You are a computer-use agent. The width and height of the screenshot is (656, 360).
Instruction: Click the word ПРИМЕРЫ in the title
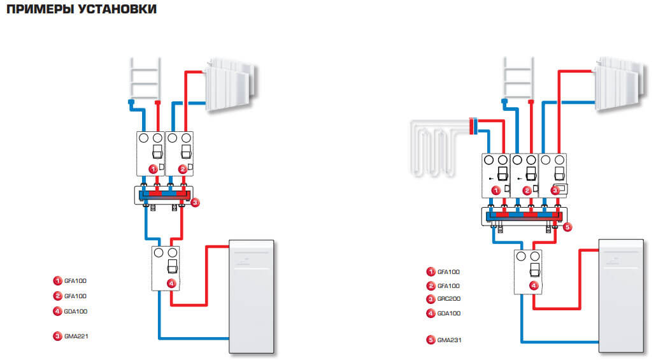pyautogui.click(x=34, y=10)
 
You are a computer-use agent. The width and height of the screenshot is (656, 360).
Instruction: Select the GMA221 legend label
pyautogui.click(x=76, y=336)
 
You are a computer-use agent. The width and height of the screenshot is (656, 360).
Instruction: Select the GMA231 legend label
pyautogui.click(x=449, y=340)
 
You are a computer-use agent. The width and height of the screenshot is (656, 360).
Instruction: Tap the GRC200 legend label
pyautogui.click(x=448, y=299)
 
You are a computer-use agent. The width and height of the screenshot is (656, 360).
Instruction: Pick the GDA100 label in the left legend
pyautogui.click(x=76, y=312)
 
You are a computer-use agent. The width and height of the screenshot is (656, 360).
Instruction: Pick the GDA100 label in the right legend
pyautogui.click(x=448, y=313)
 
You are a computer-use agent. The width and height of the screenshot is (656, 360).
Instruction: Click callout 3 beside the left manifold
pyautogui.click(x=196, y=203)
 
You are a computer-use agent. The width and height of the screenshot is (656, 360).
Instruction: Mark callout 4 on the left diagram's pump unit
pyautogui.click(x=171, y=284)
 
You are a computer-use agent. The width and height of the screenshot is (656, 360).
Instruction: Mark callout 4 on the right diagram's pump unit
pyautogui.click(x=534, y=286)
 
